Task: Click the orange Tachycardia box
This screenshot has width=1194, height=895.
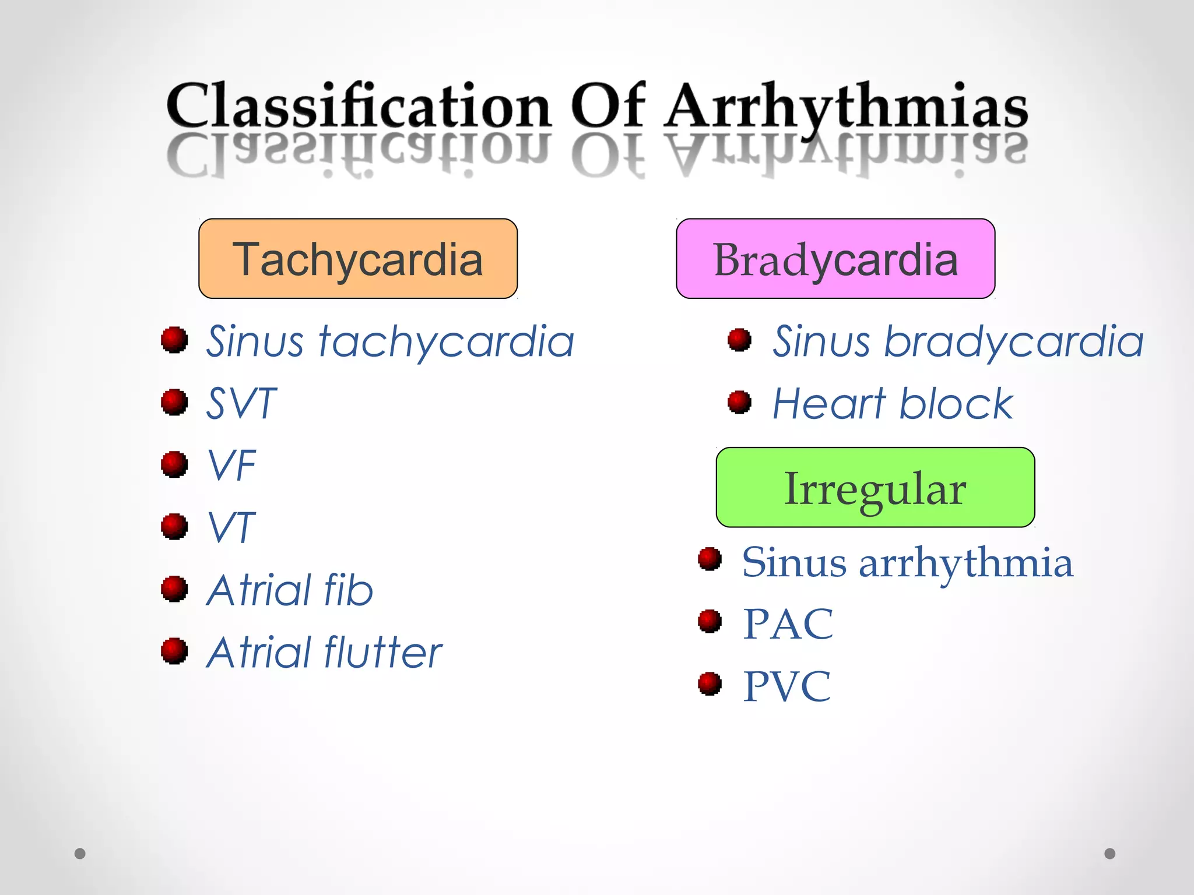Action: coord(358,259)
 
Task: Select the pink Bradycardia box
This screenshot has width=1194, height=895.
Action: coord(835,259)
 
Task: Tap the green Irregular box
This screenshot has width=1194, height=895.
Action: coord(875,488)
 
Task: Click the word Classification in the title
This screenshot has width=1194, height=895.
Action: coord(359,106)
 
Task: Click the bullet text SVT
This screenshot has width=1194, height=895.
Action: coord(241,403)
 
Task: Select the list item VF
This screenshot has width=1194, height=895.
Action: coord(232,466)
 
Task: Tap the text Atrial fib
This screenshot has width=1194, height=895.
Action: coord(290,590)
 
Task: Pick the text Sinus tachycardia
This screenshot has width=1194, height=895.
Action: coord(390,341)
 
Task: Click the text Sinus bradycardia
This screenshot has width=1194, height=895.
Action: coord(957,341)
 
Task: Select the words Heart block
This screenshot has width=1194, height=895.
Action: coord(893,403)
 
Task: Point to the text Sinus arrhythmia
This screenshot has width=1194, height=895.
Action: coord(907,563)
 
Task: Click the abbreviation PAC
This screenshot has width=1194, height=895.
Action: coord(788,624)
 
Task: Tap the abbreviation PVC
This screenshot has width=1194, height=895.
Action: coord(786,686)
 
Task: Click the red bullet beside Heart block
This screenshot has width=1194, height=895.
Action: coord(739,401)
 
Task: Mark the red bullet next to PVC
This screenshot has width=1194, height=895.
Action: coord(710,683)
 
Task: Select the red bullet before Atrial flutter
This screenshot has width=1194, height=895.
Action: coord(174,651)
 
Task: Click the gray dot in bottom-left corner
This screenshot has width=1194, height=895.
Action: coord(80,854)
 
